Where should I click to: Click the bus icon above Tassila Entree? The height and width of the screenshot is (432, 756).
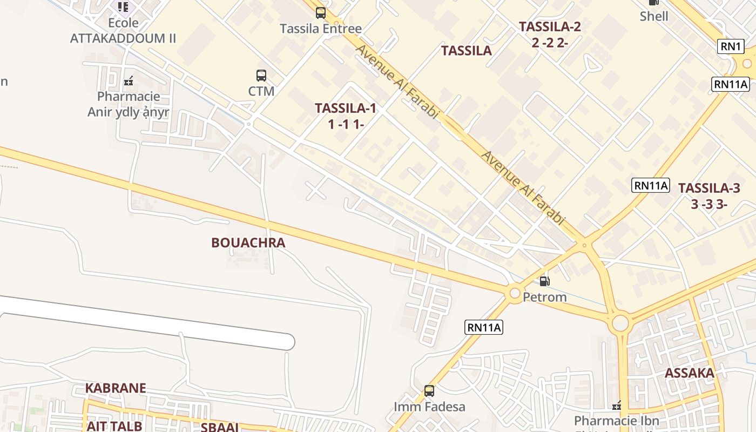(321, 12)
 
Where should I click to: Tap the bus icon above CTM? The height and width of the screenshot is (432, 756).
(261, 76)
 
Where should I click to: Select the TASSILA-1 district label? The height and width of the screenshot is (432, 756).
(346, 108)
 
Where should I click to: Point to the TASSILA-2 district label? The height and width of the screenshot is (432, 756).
(550, 26)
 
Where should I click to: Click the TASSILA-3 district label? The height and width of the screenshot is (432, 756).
(709, 188)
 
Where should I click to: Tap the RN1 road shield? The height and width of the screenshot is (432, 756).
(731, 46)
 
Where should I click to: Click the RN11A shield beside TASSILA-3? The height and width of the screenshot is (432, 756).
(651, 186)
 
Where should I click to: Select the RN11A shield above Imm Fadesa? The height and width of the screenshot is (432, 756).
(484, 327)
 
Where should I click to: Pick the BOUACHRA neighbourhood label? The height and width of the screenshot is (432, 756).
(248, 243)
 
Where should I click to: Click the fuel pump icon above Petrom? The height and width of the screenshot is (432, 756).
(545, 281)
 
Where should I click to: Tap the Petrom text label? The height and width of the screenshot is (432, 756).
(545, 297)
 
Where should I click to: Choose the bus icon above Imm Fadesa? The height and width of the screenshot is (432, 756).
(429, 390)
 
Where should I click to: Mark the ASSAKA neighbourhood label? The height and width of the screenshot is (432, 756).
(689, 373)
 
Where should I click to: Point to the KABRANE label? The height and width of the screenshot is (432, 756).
(116, 388)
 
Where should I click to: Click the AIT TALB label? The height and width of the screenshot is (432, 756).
(114, 426)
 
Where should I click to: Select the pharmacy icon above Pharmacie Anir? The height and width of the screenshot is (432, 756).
(129, 82)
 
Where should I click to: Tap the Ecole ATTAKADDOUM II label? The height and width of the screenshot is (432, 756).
(123, 31)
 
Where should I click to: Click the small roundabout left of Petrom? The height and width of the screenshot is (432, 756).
(515, 293)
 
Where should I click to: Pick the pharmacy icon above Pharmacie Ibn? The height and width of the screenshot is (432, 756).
(617, 406)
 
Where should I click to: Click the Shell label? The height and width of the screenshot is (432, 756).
(654, 16)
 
